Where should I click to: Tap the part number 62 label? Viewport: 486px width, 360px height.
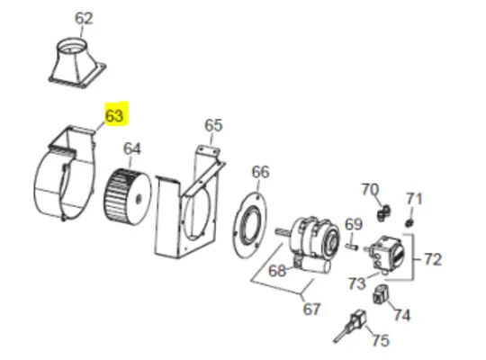coord(84,18)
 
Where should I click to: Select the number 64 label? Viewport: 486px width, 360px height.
coord(133,148)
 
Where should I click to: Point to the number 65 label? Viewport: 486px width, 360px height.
coord(212,125)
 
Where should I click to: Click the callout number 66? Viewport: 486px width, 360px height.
coord(260,172)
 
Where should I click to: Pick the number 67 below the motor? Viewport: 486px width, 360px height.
coord(311,310)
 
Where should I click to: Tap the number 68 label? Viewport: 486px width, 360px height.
coord(277,269)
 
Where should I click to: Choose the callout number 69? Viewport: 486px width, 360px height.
coord(354,223)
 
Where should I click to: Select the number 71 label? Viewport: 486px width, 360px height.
coord(414,198)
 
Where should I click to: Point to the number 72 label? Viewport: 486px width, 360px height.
coord(433,260)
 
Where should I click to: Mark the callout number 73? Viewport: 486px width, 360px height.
coord(357,283)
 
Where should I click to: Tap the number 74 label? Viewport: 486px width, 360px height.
coord(400,315)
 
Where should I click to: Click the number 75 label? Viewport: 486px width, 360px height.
coord(381,340)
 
